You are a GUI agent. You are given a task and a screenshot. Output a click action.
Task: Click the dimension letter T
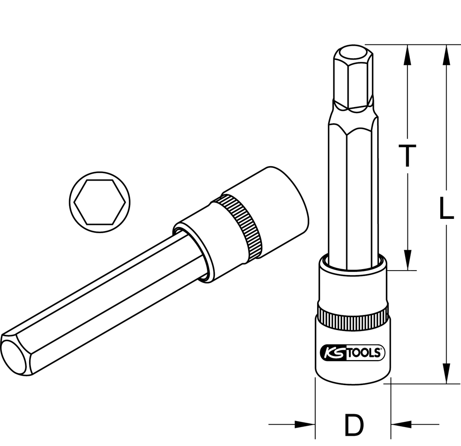point(407,156)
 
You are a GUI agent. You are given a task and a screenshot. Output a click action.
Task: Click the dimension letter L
point(446,208)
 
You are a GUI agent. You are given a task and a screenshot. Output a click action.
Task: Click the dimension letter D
point(354,424)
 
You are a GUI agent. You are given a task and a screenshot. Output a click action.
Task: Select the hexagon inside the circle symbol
point(100,202)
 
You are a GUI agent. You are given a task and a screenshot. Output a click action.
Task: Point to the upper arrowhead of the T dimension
point(408,55)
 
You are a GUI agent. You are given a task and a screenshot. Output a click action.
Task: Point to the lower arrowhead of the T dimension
point(408,259)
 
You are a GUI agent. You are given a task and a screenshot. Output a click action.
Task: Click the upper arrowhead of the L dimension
point(447,55)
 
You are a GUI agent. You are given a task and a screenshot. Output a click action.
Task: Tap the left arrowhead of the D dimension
point(305,424)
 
